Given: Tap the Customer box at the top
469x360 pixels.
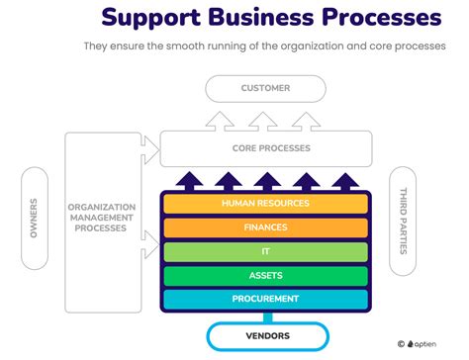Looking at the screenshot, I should click(x=265, y=88).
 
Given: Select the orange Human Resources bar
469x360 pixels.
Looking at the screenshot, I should click(x=265, y=203).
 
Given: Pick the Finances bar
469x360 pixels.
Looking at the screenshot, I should click(x=265, y=227).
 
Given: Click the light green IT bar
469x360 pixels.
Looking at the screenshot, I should click(x=265, y=251).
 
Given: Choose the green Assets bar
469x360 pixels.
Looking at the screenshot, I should click(x=265, y=275).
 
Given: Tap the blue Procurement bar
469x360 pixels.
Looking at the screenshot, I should click(x=265, y=299).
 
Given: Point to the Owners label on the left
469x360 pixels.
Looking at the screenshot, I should click(x=34, y=218).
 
